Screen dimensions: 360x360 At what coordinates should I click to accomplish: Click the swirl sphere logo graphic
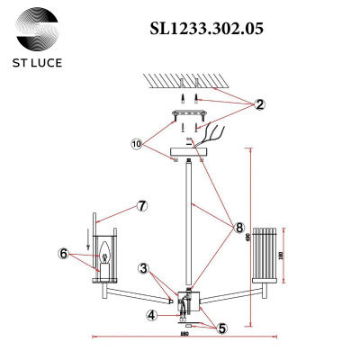(x=40, y=30)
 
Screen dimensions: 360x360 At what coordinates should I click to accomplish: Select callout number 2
(x=259, y=104)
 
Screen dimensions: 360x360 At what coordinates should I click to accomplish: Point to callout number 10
(x=136, y=143)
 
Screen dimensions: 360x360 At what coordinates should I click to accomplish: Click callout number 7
(x=140, y=205)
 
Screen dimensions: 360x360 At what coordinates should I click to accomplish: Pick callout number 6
(x=64, y=254)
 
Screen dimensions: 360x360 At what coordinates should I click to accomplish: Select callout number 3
(x=143, y=268)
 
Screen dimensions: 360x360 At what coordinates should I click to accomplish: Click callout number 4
(x=152, y=314)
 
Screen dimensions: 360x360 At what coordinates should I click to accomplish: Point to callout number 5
(x=221, y=328)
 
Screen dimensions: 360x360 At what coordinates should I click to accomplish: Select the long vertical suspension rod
(x=188, y=225)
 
